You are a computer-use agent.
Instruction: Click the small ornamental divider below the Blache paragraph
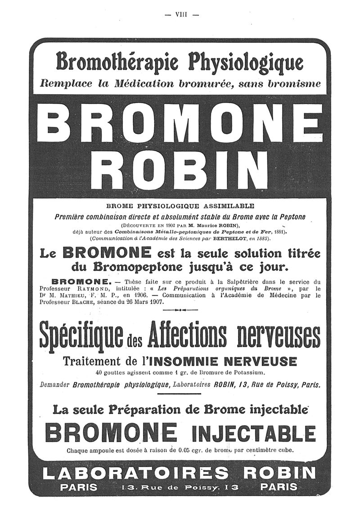(x=180, y=311)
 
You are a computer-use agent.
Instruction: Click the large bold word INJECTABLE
(x=253, y=434)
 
